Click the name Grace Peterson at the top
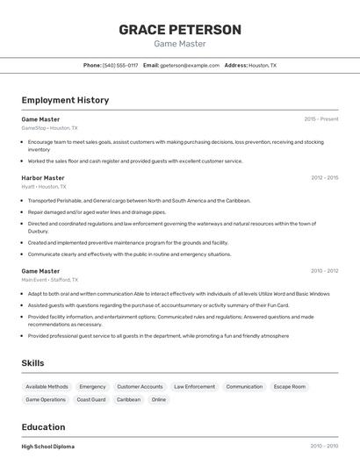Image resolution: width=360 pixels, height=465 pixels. pos(180,30)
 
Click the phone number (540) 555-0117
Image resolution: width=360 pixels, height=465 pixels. pos(120,65)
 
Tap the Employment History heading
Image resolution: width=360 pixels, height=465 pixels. pos(65,100)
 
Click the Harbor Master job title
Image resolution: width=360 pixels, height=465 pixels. pos(43,178)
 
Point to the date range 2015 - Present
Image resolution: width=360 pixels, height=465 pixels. pos(321,118)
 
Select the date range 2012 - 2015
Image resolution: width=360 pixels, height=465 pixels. pos(325,178)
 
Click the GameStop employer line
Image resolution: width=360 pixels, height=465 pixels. pos(49,128)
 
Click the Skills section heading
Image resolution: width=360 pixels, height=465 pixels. pos(32,363)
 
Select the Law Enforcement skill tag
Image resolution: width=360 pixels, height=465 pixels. pos(194,386)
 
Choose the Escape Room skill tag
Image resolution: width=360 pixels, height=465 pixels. pos(290,386)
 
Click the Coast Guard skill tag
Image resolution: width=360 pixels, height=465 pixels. pos(91,399)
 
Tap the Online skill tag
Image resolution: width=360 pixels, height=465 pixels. pos(159,399)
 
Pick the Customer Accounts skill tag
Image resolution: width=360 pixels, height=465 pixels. pos(140,386)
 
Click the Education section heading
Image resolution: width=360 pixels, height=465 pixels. pos(44,426)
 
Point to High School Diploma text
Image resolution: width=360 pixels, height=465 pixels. pos(48,447)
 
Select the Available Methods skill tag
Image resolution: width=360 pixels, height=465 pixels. pos(47,386)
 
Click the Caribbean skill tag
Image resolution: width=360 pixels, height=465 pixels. pos(128,399)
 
